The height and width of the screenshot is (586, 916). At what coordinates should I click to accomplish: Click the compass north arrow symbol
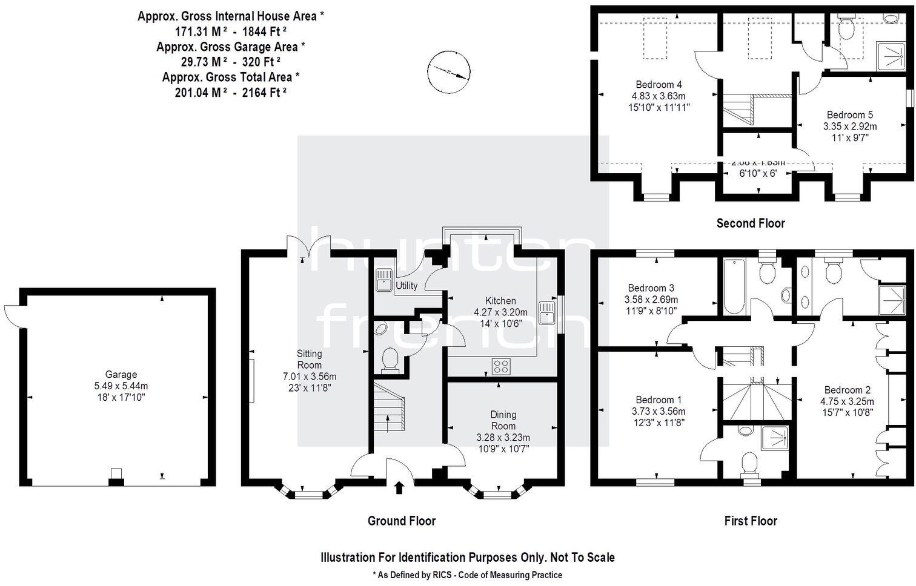click(x=448, y=72)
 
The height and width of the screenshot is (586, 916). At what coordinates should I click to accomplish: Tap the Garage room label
click(x=121, y=375)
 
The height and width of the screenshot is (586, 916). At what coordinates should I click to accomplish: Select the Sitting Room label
click(x=309, y=359)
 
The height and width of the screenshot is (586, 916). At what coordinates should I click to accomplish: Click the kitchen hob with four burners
click(x=501, y=366)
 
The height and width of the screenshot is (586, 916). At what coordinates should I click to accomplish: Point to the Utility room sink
click(x=383, y=280)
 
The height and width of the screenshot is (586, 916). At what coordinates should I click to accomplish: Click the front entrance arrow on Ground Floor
click(x=399, y=487)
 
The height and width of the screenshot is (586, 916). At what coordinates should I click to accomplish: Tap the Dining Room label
click(x=503, y=420)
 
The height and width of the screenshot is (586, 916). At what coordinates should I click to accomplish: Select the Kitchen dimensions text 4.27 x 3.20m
click(x=500, y=312)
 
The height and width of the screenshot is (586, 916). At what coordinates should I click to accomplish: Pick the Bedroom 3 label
click(x=651, y=288)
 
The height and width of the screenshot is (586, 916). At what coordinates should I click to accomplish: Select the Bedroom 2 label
click(x=846, y=390)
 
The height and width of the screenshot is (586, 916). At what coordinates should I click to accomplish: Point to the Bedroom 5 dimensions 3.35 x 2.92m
click(x=849, y=126)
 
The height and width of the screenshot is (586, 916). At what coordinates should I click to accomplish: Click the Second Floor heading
click(x=750, y=223)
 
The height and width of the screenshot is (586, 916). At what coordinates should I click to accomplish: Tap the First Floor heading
click(x=750, y=521)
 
